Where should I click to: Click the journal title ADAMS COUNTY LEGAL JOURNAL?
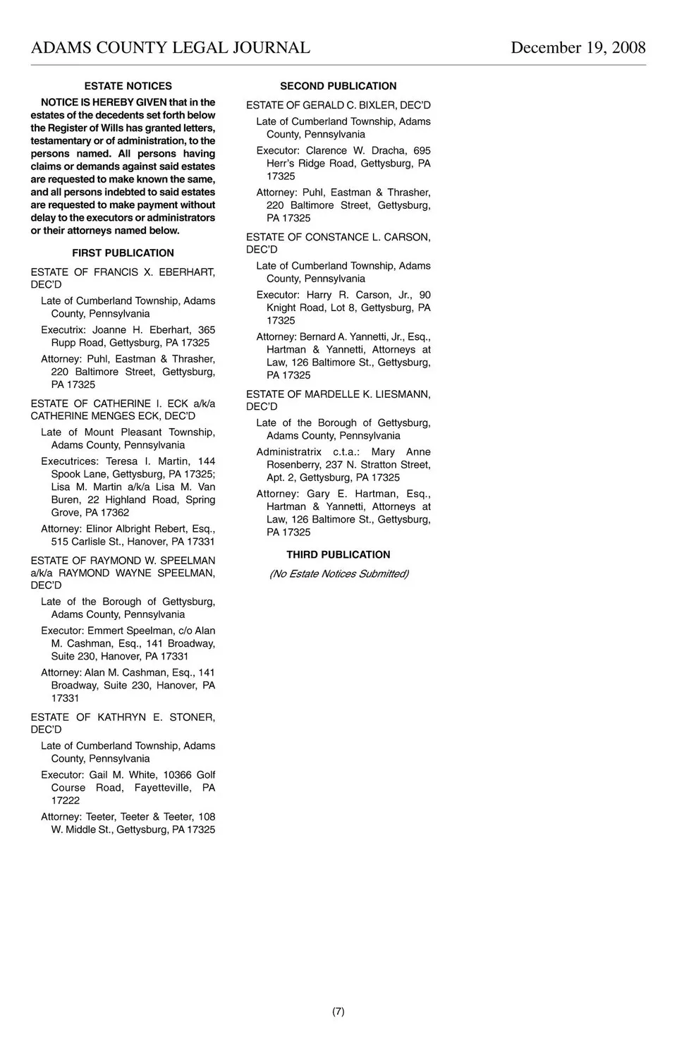click(x=171, y=48)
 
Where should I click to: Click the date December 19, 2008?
click(x=578, y=48)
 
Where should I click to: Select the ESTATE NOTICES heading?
click(x=128, y=86)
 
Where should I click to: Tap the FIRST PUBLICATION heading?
click(x=123, y=253)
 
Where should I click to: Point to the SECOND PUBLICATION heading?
click(x=338, y=86)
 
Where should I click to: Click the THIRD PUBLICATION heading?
click(x=338, y=555)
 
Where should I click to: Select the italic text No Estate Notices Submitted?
click(x=338, y=574)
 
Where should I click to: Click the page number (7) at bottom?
click(x=338, y=1011)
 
